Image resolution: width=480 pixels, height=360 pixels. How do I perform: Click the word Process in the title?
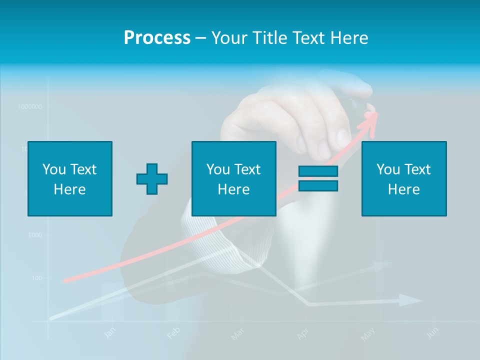point(157,38)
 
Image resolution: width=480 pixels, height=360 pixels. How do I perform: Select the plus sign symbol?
point(152,179)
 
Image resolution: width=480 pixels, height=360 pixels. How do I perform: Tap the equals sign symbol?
point(318,178)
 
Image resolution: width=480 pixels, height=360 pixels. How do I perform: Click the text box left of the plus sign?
point(70,178)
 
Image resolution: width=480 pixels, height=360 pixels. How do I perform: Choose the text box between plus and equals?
point(233,178)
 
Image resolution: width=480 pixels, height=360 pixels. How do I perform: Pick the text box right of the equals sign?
point(403,178)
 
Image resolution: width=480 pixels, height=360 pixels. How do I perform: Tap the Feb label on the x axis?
point(173,332)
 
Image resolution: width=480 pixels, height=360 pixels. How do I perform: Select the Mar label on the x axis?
point(237,333)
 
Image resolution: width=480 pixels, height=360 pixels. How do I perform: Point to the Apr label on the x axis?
point(302,333)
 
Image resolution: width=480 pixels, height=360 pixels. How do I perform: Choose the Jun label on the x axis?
point(433,332)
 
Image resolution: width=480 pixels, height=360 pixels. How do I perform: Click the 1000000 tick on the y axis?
point(29,106)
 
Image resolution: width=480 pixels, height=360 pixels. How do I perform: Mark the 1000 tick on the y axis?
point(35,235)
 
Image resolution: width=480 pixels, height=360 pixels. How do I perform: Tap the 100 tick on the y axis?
point(36,278)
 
